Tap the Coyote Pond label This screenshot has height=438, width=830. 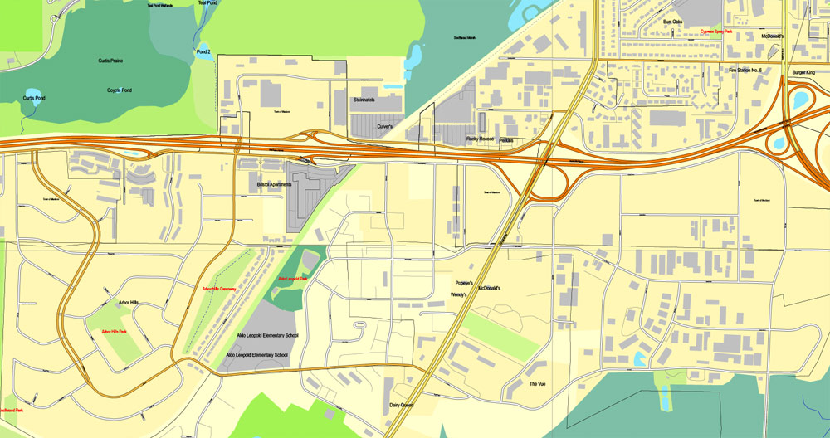pyautogui.click(x=120, y=90)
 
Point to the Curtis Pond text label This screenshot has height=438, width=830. pyautogui.click(x=34, y=99)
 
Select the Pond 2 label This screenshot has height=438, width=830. pyautogui.click(x=204, y=51)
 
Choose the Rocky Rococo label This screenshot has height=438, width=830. pyautogui.click(x=480, y=139)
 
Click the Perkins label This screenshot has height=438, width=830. pyautogui.click(x=506, y=141)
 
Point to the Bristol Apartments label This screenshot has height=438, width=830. pyautogui.click(x=275, y=184)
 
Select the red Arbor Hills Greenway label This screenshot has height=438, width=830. pyautogui.click(x=219, y=289)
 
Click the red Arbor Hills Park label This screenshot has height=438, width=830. pyautogui.click(x=114, y=332)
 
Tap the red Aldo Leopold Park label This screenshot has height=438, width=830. pyautogui.click(x=293, y=279)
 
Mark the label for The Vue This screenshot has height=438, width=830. pyautogui.click(x=537, y=384)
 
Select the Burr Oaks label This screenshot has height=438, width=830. pyautogui.click(x=672, y=22)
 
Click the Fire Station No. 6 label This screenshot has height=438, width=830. pyautogui.click(x=745, y=71)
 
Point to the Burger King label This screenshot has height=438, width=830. pyautogui.click(x=804, y=72)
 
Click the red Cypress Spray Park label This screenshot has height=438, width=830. pyautogui.click(x=716, y=32)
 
